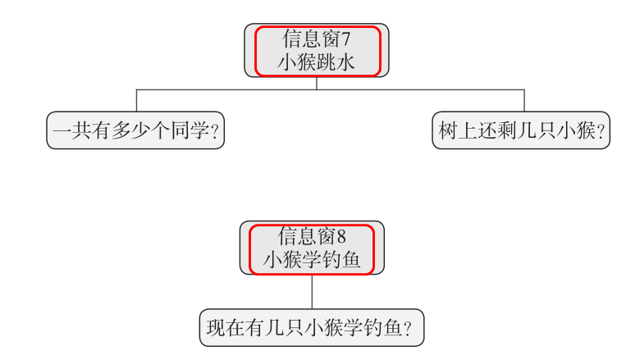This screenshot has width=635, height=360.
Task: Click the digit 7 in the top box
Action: tap(346, 39)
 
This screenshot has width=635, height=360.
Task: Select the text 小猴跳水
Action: tap(317, 62)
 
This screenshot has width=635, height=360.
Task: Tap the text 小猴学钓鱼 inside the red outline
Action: tap(312, 260)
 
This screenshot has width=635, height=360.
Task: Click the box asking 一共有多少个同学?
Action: tap(135, 131)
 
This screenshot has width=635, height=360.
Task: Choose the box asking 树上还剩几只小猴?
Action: tap(521, 131)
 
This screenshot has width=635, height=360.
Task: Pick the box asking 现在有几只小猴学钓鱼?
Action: tap(311, 328)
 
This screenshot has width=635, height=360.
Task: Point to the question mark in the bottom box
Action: tap(408, 329)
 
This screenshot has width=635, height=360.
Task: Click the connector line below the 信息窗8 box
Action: tap(312, 291)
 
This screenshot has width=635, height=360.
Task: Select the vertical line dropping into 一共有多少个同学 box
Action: tap(136, 100)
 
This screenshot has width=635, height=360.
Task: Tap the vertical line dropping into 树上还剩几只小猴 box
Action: tap(524, 100)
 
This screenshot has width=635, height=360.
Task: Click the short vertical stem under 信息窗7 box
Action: tap(317, 83)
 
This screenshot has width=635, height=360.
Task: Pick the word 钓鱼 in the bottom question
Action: tap(379, 328)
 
